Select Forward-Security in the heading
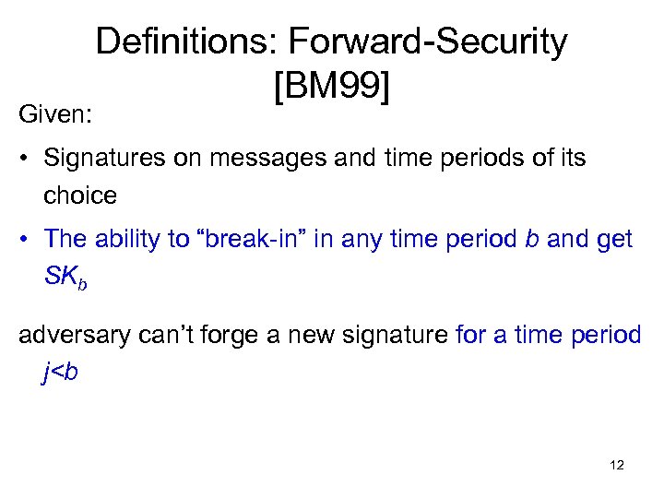428,41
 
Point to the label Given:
53,116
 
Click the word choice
79,195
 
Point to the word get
613,239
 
